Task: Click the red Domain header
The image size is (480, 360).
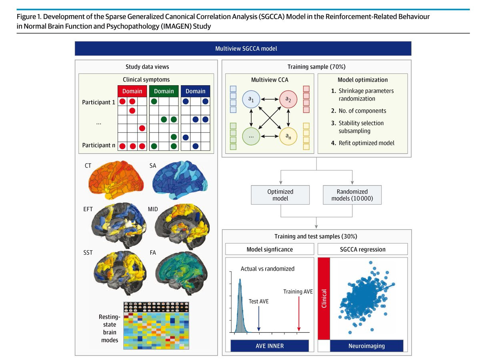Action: [x=132, y=91]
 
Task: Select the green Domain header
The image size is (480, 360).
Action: [x=164, y=91]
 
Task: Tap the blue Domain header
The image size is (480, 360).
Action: [x=196, y=91]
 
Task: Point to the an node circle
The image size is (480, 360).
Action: [x=288, y=136]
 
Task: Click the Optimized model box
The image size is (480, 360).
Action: [x=280, y=195]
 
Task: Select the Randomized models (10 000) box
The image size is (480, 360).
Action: [x=352, y=195]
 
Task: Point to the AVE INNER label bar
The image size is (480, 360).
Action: [x=270, y=346]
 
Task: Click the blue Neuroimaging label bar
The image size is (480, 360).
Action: [x=367, y=346]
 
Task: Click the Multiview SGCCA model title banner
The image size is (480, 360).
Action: [x=243, y=48]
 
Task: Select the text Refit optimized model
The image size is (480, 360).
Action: [x=366, y=143]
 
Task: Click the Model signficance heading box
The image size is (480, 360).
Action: [x=270, y=249]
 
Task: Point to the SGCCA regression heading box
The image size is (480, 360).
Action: [x=363, y=249]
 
